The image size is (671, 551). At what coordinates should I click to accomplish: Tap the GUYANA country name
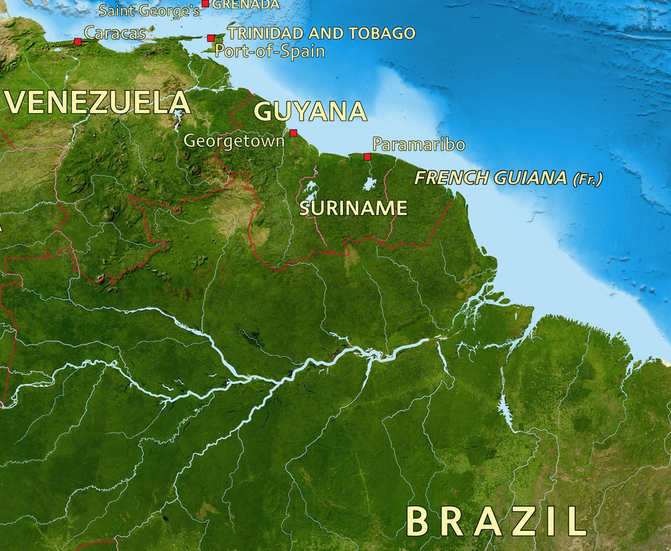(x=310, y=112)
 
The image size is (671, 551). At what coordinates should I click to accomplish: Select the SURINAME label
(x=353, y=208)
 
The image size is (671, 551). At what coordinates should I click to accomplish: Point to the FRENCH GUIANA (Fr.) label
(x=508, y=178)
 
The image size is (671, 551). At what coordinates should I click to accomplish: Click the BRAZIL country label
(x=496, y=521)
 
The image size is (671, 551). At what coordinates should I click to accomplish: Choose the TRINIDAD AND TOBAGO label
(x=322, y=33)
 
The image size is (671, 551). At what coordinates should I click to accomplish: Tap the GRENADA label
(x=245, y=4)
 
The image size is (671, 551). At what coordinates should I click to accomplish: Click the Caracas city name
(x=115, y=32)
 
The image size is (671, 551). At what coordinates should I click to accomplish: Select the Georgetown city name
(x=234, y=141)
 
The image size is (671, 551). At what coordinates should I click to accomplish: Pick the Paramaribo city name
(x=419, y=145)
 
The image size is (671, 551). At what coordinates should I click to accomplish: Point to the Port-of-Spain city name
(x=270, y=50)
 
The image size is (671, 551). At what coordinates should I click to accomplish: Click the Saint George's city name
(x=149, y=10)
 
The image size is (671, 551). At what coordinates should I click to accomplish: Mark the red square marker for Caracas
(x=78, y=42)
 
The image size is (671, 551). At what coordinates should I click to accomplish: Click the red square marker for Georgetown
(x=294, y=133)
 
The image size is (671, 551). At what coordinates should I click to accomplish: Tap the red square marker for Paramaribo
(x=367, y=157)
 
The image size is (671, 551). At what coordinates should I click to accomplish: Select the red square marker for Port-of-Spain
(x=210, y=38)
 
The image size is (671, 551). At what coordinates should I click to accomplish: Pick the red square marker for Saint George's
(x=205, y=3)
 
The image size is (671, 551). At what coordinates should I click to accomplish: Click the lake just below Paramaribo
(x=369, y=184)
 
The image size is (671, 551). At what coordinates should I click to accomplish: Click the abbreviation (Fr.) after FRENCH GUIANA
(x=587, y=179)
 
